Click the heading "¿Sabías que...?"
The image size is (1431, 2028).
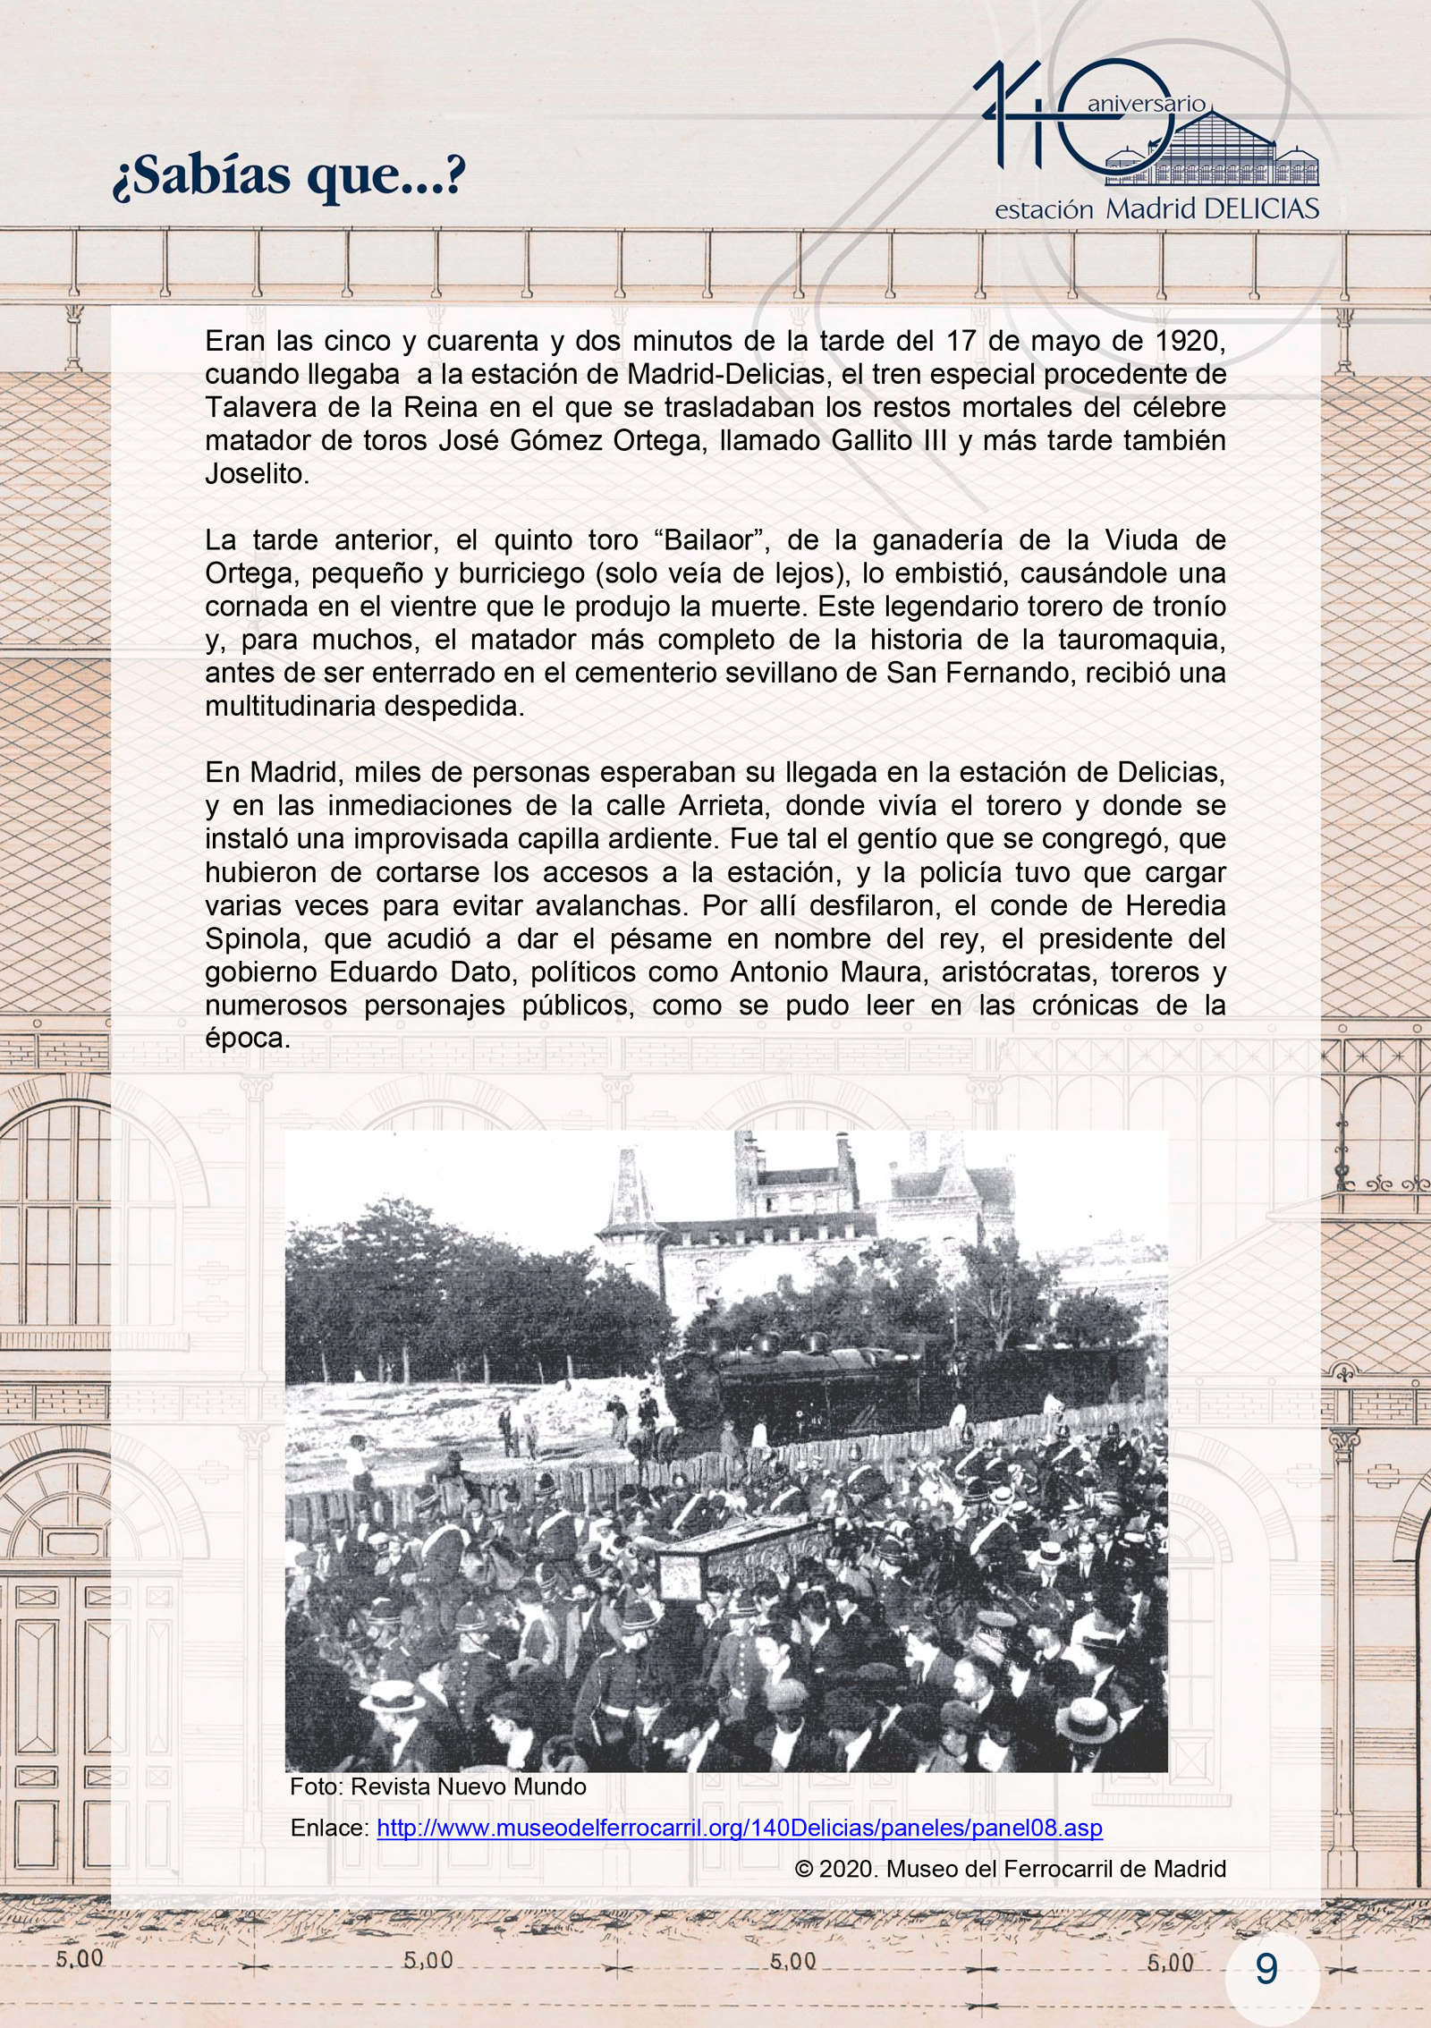[288, 175]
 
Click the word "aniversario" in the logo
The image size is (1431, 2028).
[1146, 104]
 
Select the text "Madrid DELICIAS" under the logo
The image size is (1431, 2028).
[1212, 209]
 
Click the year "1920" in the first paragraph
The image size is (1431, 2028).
[1190, 341]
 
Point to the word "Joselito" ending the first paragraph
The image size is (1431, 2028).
[256, 474]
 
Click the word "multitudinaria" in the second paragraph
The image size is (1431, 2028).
[291, 706]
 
